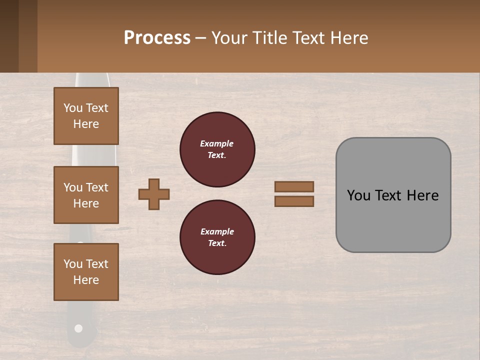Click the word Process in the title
coord(157,38)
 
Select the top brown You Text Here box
coord(86,116)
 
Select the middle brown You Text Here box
coord(86,195)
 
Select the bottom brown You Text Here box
coord(86,271)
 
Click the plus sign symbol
coord(154,194)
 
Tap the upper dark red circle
coord(217,149)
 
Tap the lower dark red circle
coord(217,237)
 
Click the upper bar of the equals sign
coord(294,186)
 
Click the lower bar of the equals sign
coord(294,201)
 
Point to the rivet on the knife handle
coord(78,328)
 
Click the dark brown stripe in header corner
coord(9,36)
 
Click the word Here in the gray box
coord(422,195)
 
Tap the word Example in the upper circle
coord(217,143)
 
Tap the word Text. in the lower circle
coord(217,243)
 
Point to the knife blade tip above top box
coord(92,80)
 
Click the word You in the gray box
coord(358,195)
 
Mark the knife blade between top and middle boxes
coord(95,155)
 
